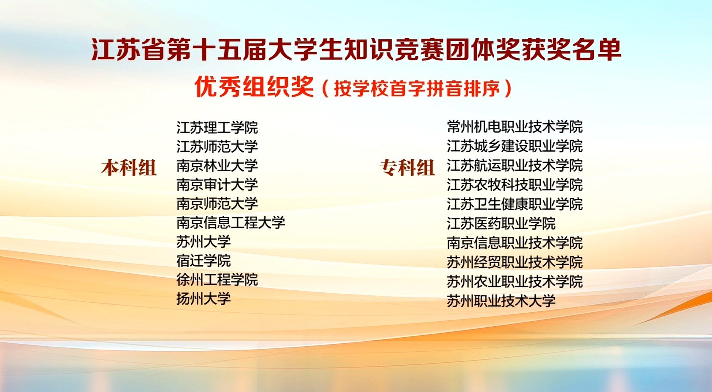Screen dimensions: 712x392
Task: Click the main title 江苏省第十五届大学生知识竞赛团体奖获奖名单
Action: [356, 49]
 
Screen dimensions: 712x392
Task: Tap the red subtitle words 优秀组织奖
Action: [254, 86]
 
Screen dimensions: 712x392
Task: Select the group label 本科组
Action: [129, 167]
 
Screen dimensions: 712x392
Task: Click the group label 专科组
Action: [407, 167]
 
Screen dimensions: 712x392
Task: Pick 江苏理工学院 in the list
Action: [217, 128]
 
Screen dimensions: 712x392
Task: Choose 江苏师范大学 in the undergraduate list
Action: [217, 147]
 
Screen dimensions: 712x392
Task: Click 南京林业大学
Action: [217, 166]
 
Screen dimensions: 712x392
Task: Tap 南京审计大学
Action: [217, 185]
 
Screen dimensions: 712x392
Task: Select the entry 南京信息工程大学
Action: [231, 223]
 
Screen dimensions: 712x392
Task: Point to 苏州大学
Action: [203, 242]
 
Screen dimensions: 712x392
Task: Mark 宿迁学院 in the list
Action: [203, 261]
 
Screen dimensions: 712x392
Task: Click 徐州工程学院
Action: [217, 280]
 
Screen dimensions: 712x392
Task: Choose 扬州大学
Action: [203, 299]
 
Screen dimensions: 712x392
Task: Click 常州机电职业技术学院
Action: [515, 127]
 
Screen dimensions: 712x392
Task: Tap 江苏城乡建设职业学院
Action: [515, 146]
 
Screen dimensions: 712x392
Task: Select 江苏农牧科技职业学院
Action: [515, 185]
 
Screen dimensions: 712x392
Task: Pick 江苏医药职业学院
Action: [501, 223]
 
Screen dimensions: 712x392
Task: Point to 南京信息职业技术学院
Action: [515, 243]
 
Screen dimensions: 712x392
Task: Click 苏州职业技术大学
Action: [501, 301]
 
